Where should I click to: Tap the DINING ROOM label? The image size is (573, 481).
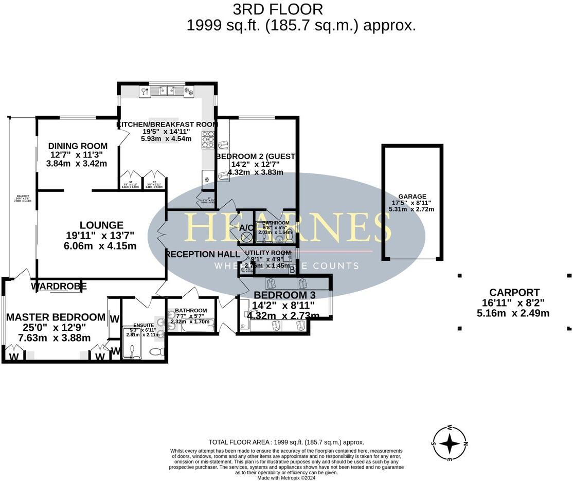78,146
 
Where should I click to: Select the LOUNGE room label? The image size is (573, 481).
101,225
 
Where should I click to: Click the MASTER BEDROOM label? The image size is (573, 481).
56,317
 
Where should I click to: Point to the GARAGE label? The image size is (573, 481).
412,196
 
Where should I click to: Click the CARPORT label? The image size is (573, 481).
514,293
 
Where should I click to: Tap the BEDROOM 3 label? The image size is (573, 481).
284,295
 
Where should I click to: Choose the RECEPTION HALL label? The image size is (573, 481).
203,254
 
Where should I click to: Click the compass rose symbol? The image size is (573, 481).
450,443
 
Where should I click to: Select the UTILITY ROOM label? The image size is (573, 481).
268,253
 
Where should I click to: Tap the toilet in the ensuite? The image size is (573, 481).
156,351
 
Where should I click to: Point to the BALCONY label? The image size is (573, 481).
23,197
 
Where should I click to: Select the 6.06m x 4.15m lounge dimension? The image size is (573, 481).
101,246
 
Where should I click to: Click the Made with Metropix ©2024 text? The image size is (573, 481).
286,477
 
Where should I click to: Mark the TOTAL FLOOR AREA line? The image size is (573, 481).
286,442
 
